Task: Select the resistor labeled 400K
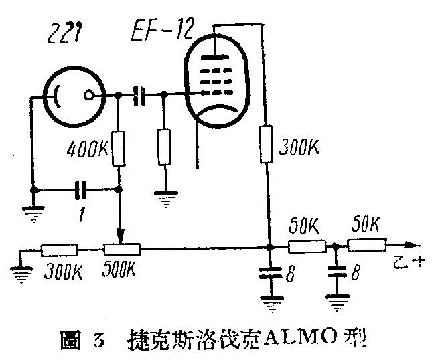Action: [x=119, y=149]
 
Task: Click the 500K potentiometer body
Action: [x=121, y=250]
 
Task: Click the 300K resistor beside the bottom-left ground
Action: [x=59, y=250]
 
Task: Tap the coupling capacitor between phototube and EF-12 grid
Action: [x=141, y=96]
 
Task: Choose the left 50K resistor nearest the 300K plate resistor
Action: [x=306, y=246]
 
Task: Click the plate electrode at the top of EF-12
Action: [x=213, y=56]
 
